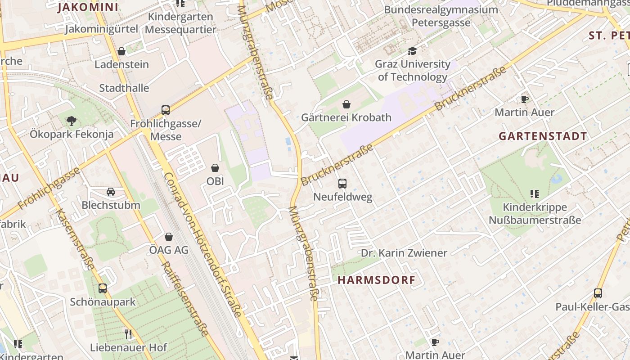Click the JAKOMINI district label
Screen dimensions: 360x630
(x=88, y=7)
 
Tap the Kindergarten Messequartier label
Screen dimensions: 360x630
(x=180, y=23)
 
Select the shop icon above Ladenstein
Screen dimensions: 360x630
(x=121, y=51)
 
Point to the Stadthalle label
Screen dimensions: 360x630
(x=124, y=88)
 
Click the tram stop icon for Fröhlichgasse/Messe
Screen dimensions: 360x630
(x=165, y=110)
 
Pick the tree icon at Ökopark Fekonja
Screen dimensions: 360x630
(x=71, y=121)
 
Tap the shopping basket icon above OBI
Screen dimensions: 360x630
(x=215, y=168)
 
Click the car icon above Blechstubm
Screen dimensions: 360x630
(x=111, y=192)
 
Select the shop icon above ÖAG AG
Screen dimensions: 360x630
(x=168, y=237)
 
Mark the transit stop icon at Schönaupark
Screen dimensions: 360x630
(x=103, y=288)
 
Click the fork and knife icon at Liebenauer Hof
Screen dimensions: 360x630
(x=128, y=334)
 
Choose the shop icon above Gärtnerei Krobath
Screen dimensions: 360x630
(x=346, y=104)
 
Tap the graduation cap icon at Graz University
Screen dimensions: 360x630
(x=412, y=51)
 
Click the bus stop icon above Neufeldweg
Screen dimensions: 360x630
(x=342, y=184)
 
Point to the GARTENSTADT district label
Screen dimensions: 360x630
(x=543, y=136)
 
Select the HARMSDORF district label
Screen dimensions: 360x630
(x=376, y=280)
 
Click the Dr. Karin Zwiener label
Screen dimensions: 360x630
(x=404, y=253)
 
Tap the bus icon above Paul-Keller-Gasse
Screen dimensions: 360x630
(x=598, y=293)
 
